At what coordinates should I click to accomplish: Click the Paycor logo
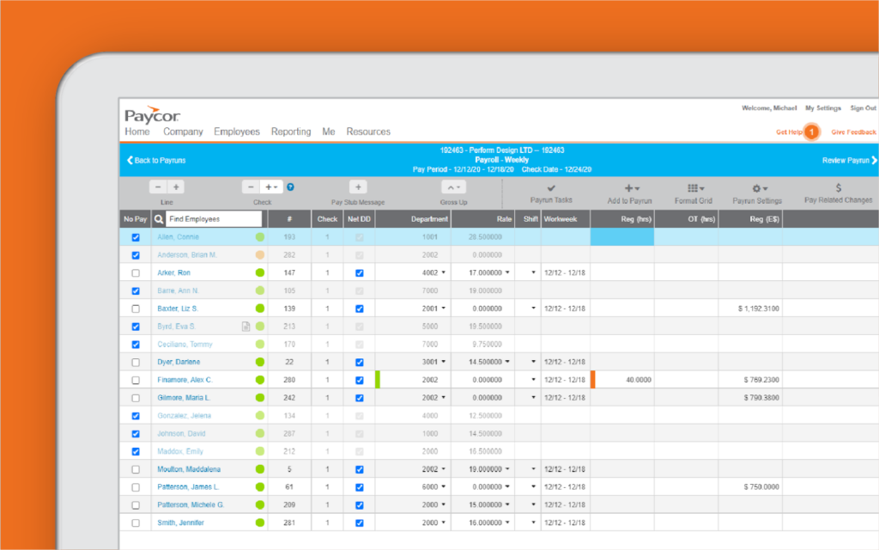point(152,115)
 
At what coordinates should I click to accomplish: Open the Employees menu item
point(237,132)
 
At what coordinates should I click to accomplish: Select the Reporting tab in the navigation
point(291,132)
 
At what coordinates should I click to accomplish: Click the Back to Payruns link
point(156,161)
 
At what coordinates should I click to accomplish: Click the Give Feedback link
point(853,132)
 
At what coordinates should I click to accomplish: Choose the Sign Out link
point(863,108)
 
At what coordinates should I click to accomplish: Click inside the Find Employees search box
point(213,219)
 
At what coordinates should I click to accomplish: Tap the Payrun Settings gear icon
point(756,188)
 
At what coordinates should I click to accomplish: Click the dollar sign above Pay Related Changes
point(838,188)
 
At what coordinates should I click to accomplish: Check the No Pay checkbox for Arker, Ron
point(136,273)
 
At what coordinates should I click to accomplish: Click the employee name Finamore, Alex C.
point(185,380)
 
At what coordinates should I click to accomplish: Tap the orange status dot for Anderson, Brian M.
point(260,255)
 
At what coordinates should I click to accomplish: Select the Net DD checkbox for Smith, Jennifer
point(360,522)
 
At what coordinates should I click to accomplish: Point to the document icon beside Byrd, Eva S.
point(246,327)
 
